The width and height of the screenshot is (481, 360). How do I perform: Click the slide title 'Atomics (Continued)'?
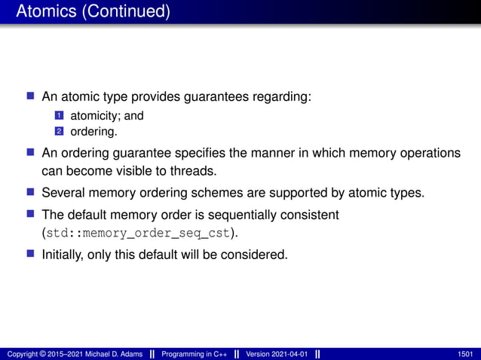pos(93,12)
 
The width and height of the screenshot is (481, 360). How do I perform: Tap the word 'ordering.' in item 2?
pos(94,132)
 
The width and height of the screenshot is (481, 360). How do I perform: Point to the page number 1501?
pos(465,354)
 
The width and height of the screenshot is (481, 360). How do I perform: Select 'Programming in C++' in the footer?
pos(194,354)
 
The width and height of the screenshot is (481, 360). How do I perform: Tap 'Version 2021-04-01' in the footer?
pos(277,354)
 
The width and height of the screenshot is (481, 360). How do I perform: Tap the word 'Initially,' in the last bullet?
pos(67,254)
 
